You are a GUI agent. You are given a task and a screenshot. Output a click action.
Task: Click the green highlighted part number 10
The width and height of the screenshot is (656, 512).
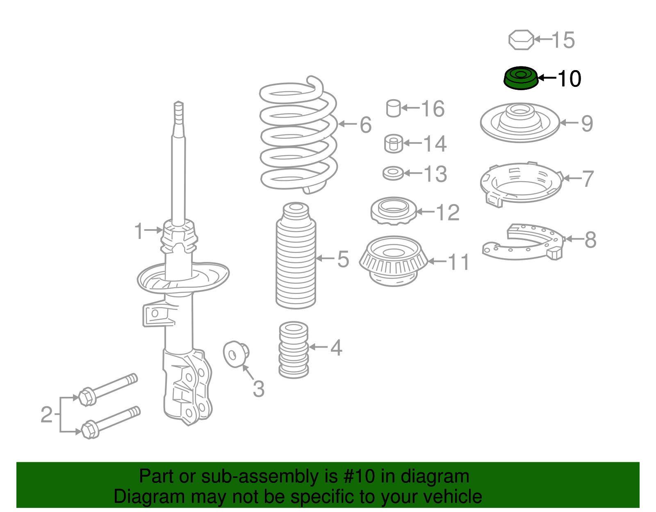pyautogui.click(x=520, y=78)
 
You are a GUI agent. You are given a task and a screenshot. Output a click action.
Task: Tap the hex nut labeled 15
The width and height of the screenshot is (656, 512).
pyautogui.click(x=521, y=40)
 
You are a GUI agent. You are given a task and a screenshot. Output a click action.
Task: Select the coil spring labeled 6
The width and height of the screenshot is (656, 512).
pyautogui.click(x=298, y=135)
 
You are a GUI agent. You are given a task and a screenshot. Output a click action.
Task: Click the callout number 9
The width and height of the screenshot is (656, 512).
pyautogui.click(x=587, y=123)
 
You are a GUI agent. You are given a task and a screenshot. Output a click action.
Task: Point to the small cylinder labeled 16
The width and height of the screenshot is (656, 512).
pyautogui.click(x=393, y=108)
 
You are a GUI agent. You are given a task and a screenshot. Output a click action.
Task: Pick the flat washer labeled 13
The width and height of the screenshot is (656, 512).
pyautogui.click(x=393, y=173)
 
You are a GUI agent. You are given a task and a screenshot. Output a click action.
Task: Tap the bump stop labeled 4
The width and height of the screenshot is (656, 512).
pyautogui.click(x=294, y=350)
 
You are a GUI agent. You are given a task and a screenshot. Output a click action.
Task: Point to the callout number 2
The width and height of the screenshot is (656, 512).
pyautogui.click(x=46, y=415)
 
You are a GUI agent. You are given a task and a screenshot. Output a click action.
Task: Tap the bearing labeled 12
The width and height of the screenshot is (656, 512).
pyautogui.click(x=394, y=211)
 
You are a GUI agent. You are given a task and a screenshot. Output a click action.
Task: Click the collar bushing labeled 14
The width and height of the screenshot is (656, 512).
pyautogui.click(x=393, y=144)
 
